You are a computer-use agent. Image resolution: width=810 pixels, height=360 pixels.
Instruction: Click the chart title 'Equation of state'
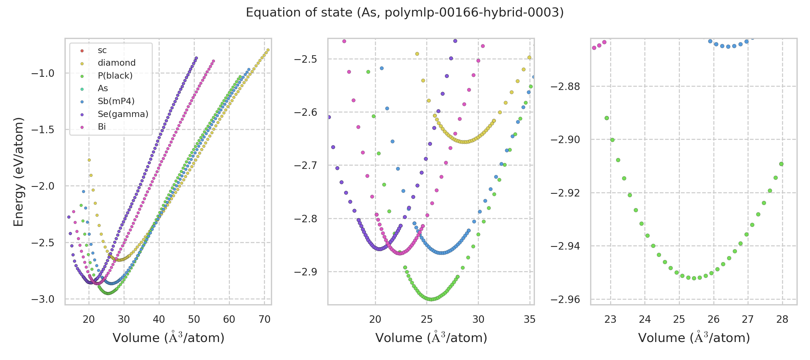405,13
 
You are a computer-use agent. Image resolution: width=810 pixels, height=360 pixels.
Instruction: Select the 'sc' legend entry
102,50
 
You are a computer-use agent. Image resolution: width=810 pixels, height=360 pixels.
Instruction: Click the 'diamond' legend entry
117,63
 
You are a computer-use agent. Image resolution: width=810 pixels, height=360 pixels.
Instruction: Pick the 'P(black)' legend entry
115,76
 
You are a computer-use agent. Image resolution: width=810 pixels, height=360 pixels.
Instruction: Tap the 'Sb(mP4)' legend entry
116,101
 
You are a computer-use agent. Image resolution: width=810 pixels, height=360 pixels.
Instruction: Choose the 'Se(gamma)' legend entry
123,114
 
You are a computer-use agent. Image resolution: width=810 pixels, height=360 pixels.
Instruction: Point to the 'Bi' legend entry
102,127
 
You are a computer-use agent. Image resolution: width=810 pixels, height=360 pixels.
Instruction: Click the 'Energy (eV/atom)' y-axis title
18,172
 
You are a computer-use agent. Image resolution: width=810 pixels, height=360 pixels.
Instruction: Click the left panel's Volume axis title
169,338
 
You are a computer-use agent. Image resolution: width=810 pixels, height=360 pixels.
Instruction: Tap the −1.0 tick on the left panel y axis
43,73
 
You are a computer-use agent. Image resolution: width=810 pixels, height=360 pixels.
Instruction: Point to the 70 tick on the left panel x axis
264,319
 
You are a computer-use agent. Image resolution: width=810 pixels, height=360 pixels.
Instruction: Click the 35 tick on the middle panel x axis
530,319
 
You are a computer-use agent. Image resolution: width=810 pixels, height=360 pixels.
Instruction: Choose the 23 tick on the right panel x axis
610,319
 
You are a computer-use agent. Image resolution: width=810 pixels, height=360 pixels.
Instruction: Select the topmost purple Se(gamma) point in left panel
196,58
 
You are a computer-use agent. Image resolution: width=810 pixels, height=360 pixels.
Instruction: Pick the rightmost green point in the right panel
781,164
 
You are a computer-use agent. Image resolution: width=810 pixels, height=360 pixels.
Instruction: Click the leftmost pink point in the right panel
594,48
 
